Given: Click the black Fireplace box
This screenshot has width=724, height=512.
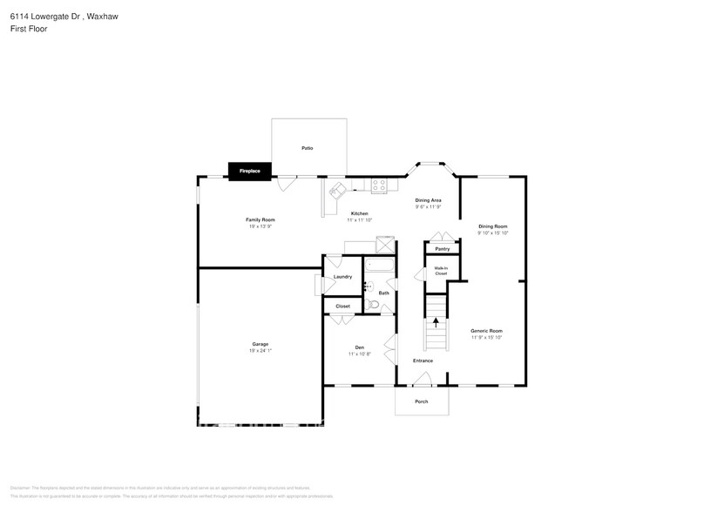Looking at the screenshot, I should (x=250, y=171).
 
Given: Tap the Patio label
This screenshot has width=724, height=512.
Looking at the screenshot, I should (x=308, y=148).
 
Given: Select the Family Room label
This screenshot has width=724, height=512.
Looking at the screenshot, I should (x=260, y=219).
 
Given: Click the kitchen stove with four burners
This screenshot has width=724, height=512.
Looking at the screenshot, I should (x=380, y=185).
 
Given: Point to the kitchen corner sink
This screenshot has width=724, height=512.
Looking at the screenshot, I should (x=336, y=190).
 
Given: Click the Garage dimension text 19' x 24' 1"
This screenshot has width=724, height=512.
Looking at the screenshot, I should (x=261, y=351).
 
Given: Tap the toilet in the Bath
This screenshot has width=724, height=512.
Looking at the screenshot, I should (x=373, y=305).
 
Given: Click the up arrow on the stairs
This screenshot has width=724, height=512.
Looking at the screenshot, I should (x=436, y=323).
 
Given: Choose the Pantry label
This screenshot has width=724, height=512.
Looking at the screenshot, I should (x=443, y=248).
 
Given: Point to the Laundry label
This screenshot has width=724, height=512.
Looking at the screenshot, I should (x=342, y=277).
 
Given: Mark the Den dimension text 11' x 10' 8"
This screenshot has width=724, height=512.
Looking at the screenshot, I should (x=359, y=354).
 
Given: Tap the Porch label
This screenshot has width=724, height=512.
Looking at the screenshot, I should (x=422, y=401).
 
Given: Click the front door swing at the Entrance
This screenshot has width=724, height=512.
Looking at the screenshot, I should (x=423, y=378).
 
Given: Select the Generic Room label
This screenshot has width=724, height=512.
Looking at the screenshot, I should (x=486, y=331).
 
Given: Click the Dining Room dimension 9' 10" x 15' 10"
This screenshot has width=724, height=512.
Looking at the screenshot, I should (x=492, y=233).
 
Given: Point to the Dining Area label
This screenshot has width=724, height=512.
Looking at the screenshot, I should (x=428, y=200).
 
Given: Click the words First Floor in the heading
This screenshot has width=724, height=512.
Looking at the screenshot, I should (x=30, y=29).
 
